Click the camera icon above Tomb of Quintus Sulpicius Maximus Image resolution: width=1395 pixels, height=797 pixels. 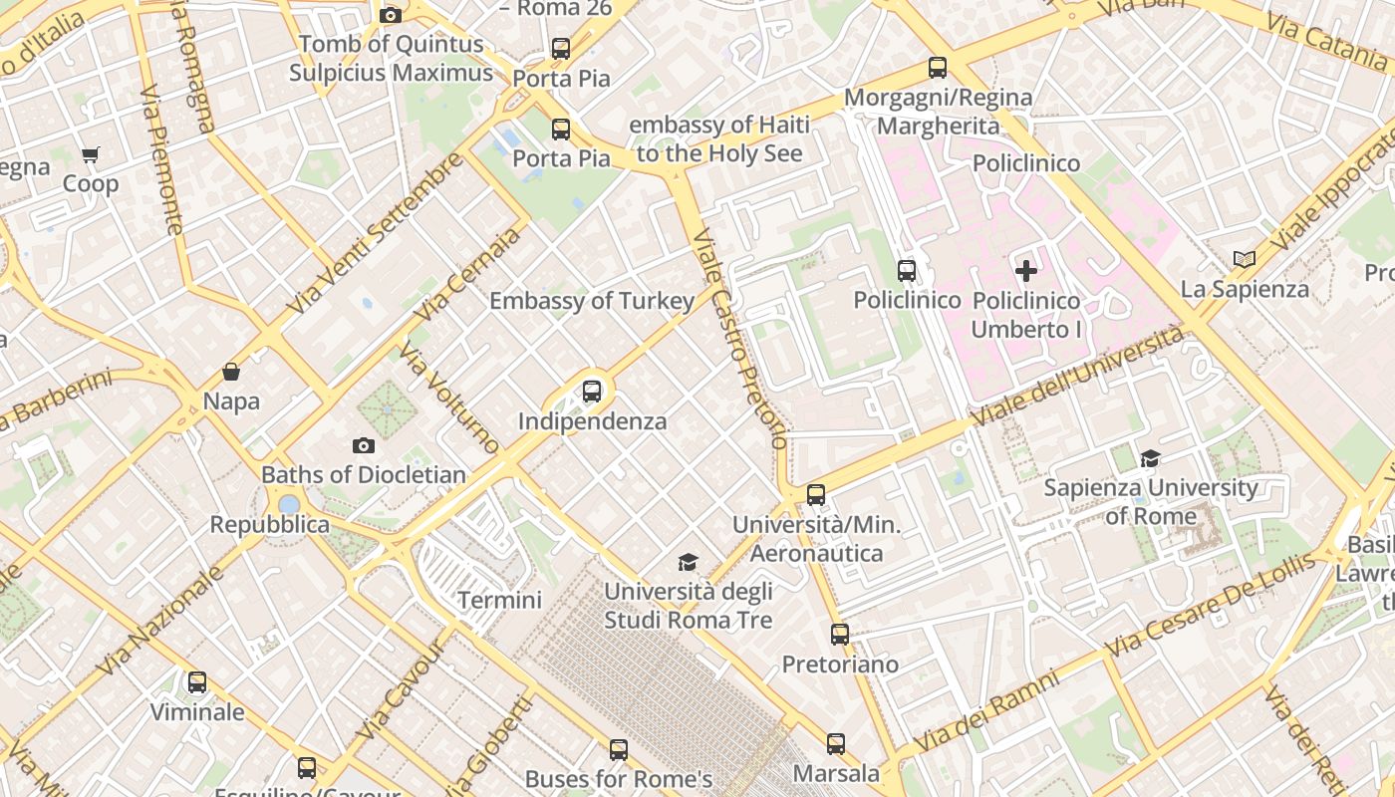click(x=391, y=15)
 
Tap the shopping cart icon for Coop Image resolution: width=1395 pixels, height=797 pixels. click(x=91, y=154)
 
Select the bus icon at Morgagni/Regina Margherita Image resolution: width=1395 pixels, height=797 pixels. click(x=938, y=68)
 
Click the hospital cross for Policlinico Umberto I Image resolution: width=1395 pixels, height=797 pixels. click(x=1025, y=270)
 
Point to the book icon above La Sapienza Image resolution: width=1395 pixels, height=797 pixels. click(x=1244, y=259)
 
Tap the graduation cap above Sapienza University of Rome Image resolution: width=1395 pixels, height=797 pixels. click(x=1151, y=458)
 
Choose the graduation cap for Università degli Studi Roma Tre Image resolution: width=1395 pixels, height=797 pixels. click(x=688, y=563)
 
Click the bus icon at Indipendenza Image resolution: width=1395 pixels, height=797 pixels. click(x=592, y=392)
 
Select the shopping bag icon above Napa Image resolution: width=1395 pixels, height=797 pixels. click(x=231, y=372)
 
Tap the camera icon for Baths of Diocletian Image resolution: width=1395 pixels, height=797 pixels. click(x=364, y=445)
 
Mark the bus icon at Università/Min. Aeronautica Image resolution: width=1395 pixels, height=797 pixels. click(x=816, y=494)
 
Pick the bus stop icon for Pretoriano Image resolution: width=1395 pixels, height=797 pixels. click(x=840, y=634)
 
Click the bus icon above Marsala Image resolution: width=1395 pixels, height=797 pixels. click(x=836, y=743)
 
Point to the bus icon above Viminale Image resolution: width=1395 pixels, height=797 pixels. click(x=197, y=682)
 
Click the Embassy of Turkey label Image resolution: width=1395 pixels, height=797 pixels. click(x=592, y=301)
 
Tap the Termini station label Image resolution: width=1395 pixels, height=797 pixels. click(x=499, y=600)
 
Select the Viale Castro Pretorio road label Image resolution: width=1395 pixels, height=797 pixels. click(x=740, y=339)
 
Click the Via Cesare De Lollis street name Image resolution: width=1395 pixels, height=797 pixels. click(x=1210, y=604)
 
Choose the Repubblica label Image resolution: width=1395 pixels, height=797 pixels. click(x=269, y=524)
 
